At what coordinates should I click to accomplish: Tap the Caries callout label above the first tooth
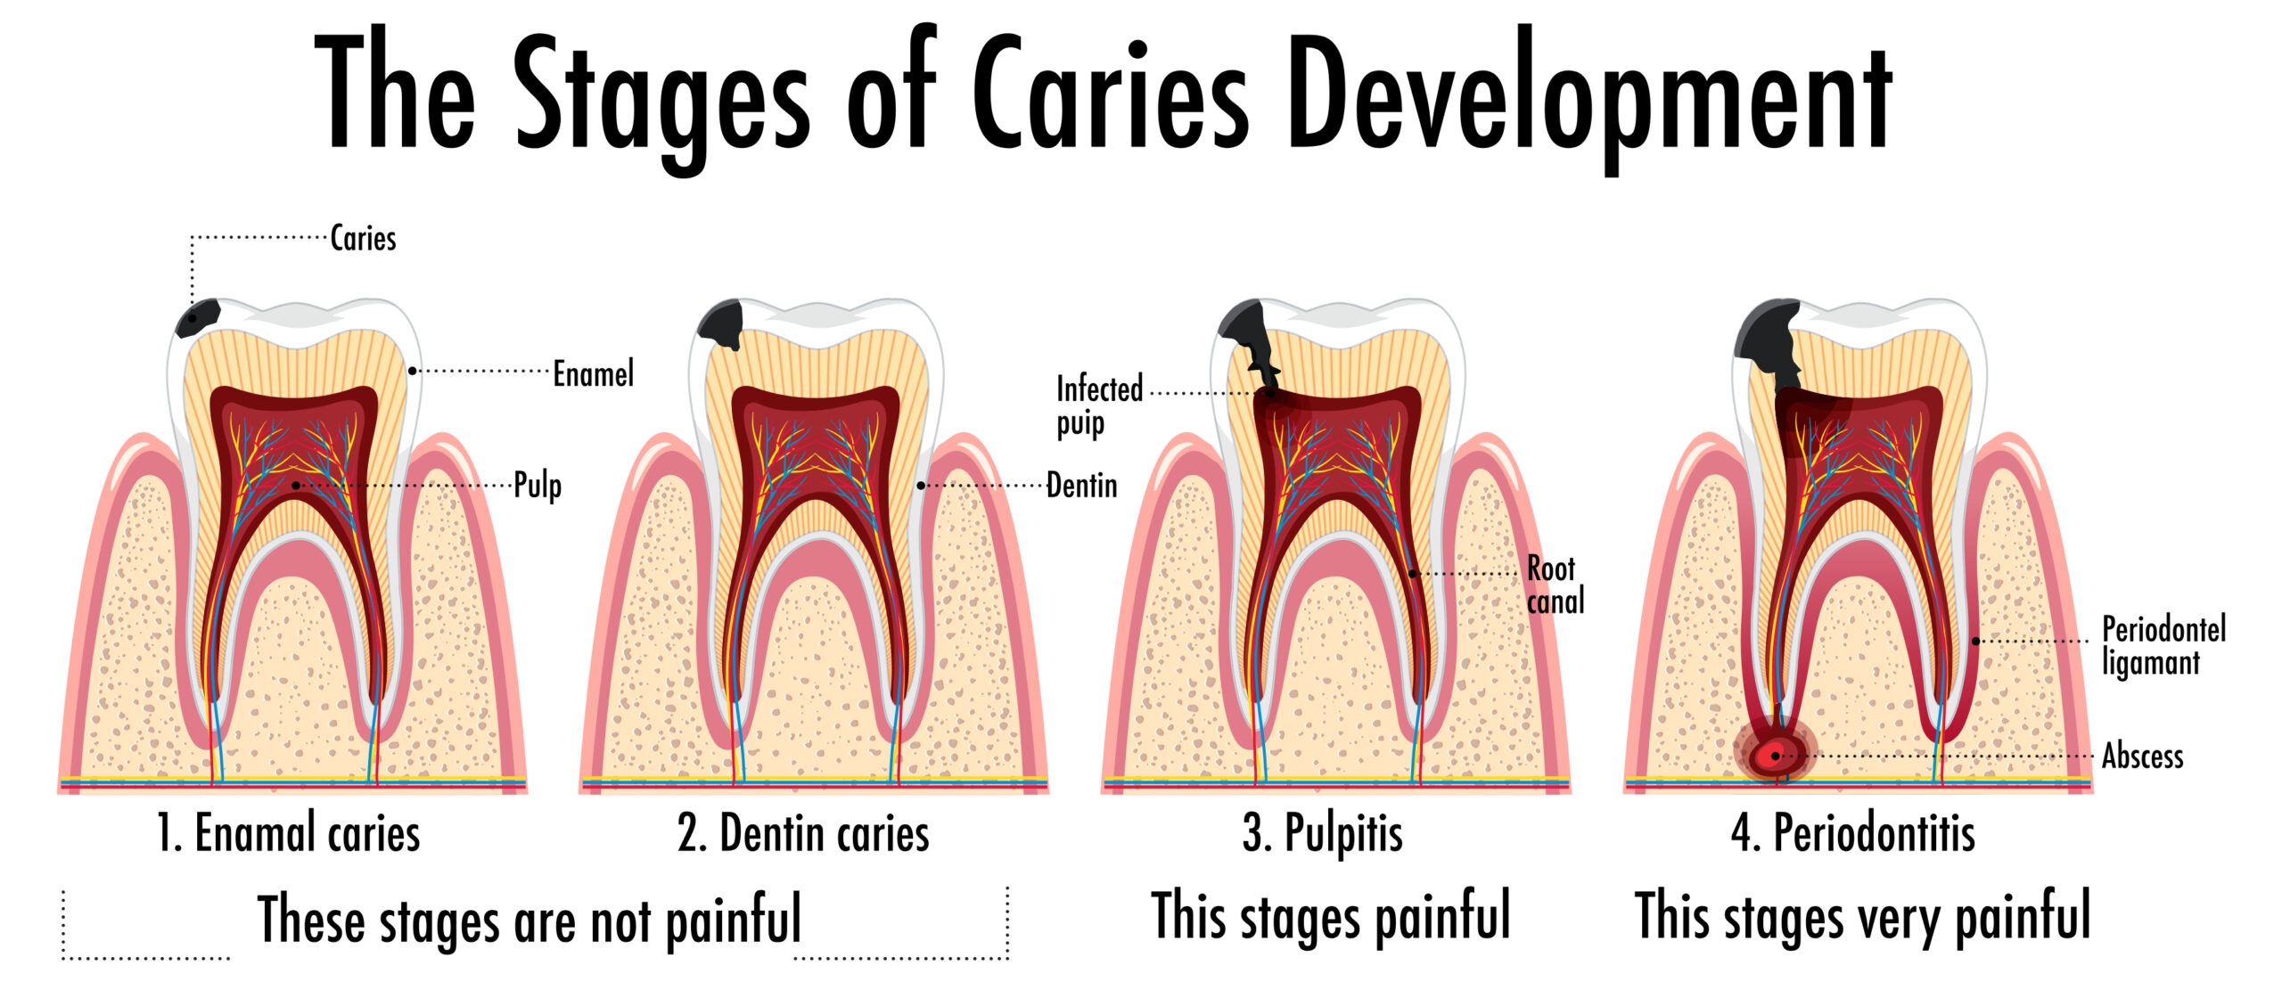tap(363, 238)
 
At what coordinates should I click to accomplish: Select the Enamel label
tap(594, 373)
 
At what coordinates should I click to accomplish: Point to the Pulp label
tap(538, 487)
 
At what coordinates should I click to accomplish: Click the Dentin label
tap(1081, 486)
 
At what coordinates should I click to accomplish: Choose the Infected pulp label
tap(1099, 405)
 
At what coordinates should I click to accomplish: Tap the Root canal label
tap(1556, 585)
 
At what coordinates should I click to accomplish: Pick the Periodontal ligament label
tap(2163, 646)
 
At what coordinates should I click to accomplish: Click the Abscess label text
tap(2143, 757)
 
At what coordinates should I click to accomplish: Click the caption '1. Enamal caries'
tap(288, 834)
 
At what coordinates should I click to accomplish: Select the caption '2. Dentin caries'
tap(803, 834)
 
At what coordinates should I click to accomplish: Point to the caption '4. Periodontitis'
tap(1853, 834)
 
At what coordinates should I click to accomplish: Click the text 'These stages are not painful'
tap(529, 919)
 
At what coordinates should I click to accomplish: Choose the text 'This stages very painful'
tap(1863, 917)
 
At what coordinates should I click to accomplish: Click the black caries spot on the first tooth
tap(197, 318)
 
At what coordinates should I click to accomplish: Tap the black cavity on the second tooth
tap(720, 324)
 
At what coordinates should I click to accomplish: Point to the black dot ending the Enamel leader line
tap(412, 371)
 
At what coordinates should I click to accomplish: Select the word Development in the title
tap(1590, 98)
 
